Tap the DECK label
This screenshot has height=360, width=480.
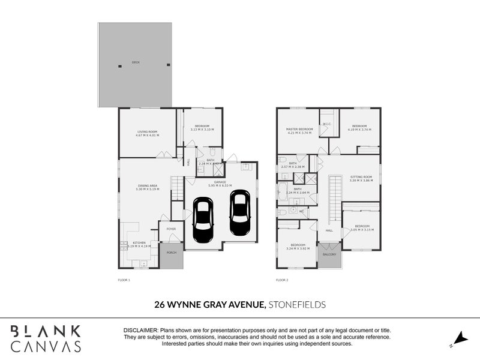click(x=136, y=62)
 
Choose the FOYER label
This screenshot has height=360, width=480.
click(x=171, y=229)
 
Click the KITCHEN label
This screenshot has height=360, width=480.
click(x=139, y=242)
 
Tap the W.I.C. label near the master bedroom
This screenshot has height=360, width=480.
click(x=327, y=124)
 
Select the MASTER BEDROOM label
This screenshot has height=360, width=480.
click(x=299, y=129)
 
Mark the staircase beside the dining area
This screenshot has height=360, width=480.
click(x=176, y=188)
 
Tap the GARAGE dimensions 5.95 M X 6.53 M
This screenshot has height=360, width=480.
click(x=220, y=185)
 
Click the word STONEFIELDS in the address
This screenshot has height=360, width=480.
click(x=298, y=305)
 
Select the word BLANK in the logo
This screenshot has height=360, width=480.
click(x=46, y=331)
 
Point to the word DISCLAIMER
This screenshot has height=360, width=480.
click(x=140, y=331)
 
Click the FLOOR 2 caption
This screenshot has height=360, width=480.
click(x=282, y=280)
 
